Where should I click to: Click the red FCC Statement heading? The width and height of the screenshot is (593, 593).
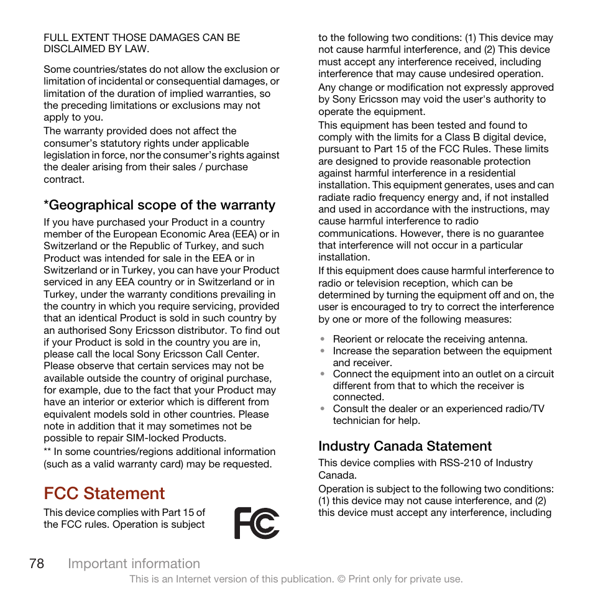[104, 494]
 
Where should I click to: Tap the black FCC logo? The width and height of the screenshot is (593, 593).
[257, 523]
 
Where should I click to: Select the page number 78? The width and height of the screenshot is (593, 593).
[36, 564]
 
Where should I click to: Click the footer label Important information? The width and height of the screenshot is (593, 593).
[134, 564]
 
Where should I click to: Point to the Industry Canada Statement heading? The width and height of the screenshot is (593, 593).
[405, 446]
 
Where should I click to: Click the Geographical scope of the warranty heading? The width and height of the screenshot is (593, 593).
[159, 205]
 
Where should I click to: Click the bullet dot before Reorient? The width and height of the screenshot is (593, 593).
[323, 339]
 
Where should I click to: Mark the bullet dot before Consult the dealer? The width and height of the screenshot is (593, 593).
[323, 409]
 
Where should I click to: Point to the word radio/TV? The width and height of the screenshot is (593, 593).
[523, 409]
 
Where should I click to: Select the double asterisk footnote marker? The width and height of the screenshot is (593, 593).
[47, 452]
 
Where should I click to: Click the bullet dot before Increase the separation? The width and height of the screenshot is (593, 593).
[323, 351]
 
